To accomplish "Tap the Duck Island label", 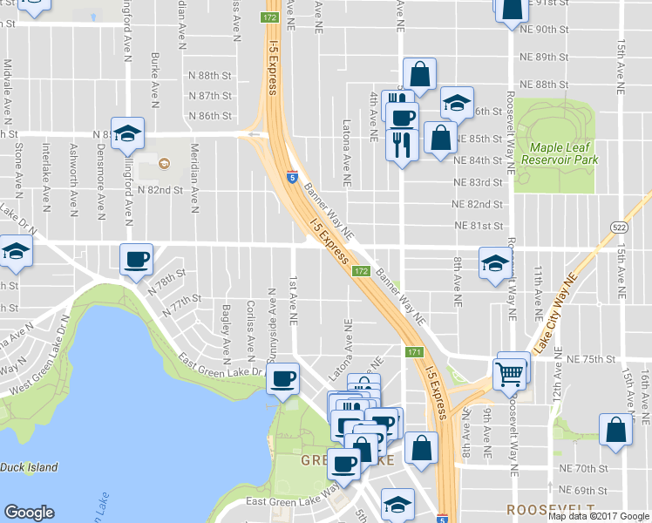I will pos(29,468).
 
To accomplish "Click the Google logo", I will pos(29,513).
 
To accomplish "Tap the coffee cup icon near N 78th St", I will pos(137,259).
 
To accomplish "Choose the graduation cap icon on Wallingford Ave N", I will pos(127,133).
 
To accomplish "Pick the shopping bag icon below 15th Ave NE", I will pos(615,430).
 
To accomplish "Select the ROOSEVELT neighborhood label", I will pos(553,507).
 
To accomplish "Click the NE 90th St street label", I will pos(543,29).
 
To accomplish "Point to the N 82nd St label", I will pos(162,188).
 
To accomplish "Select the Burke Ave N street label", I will pos(154,79).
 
